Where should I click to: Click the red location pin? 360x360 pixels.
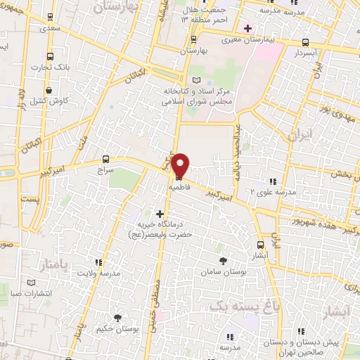coord(180,165)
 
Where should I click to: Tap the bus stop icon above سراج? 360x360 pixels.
coord(105,159)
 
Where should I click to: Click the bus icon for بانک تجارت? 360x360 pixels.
coord(49,57)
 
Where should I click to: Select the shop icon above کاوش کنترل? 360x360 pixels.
coord(49,90)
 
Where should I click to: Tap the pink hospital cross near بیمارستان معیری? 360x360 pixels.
coord(247,29)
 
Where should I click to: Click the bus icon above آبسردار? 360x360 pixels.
coord(304,41)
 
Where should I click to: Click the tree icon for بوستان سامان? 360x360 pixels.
coord(224,261)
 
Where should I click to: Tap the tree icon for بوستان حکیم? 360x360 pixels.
coord(118,318)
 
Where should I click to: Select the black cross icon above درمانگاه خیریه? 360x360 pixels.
coord(160,213)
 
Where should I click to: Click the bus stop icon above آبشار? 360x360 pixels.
coord(261,245)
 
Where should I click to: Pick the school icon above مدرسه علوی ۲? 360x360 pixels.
coord(273,181)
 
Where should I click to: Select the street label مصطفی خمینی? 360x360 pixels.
coord(156,288)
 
